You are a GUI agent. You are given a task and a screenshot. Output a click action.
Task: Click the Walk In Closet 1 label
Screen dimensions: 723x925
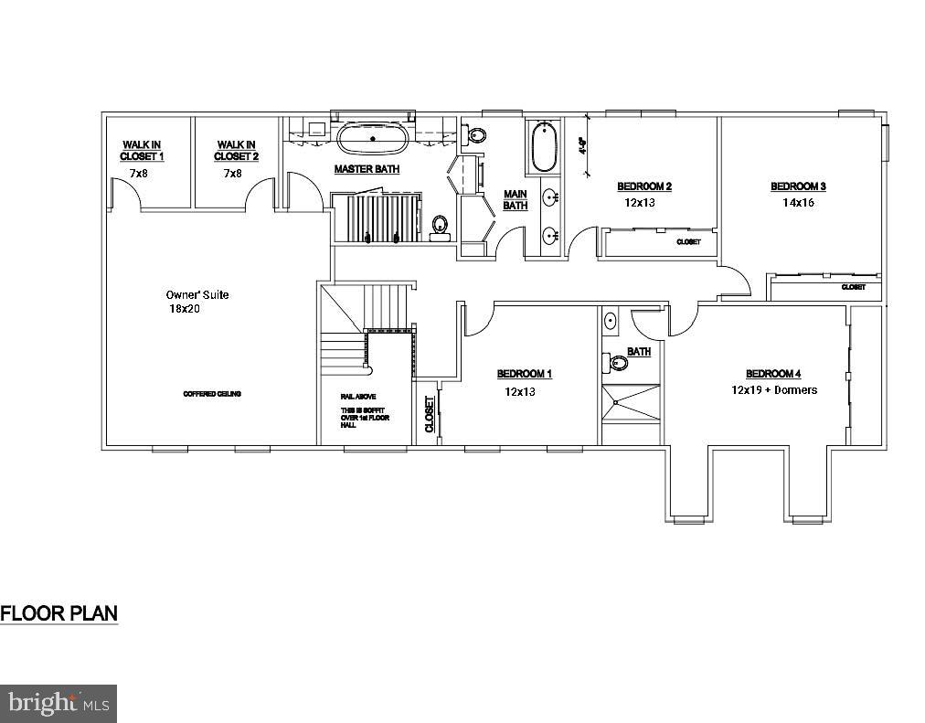click(x=142, y=150)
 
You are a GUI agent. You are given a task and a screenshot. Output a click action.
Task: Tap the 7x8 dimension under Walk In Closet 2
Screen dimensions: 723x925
click(x=232, y=174)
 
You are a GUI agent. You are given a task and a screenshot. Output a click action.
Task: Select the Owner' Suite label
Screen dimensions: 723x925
click(x=197, y=294)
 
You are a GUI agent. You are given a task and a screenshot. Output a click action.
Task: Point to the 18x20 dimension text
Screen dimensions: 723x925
click(x=184, y=310)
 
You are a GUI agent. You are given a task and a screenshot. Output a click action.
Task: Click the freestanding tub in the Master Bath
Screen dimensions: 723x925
click(x=373, y=140)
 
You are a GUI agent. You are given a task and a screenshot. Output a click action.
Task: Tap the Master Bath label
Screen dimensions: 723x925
click(x=367, y=169)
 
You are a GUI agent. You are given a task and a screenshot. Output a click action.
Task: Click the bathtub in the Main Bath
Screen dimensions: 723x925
click(x=544, y=147)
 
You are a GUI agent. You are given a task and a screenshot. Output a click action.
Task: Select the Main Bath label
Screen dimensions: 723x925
click(x=515, y=200)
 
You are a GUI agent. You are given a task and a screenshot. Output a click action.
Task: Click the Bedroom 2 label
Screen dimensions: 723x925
click(x=644, y=186)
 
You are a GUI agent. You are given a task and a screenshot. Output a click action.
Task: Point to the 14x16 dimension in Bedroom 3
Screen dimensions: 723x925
click(x=797, y=203)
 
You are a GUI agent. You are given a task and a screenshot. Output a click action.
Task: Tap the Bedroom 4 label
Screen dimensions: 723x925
click(x=773, y=373)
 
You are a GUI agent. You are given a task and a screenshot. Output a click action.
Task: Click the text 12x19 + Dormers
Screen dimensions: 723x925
click(x=773, y=389)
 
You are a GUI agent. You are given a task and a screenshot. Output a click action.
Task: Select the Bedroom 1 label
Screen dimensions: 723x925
click(x=525, y=373)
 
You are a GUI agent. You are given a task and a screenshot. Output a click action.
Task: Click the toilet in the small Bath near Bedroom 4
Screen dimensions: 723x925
click(x=619, y=363)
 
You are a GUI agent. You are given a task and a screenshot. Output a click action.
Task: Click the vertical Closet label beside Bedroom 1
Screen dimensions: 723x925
click(x=429, y=413)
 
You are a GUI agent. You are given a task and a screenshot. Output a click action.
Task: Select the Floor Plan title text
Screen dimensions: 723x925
click(x=58, y=612)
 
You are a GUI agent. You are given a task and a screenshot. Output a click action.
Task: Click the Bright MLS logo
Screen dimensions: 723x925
click(x=58, y=703)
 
